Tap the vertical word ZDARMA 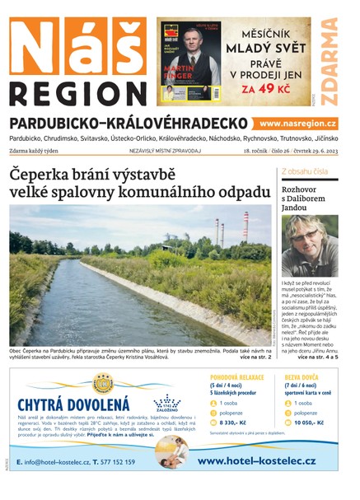[329, 62]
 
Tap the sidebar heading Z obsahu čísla [305, 171]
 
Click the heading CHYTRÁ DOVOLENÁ [73, 404]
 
